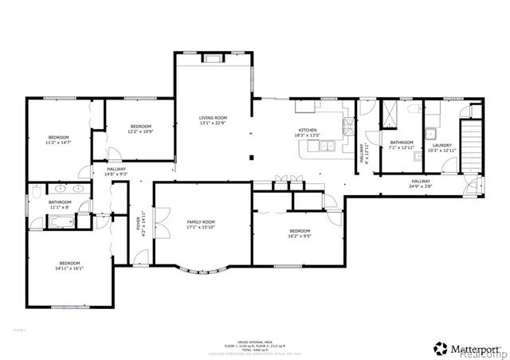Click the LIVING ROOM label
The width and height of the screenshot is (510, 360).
click(x=213, y=120)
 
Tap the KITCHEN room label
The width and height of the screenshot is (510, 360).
click(x=308, y=132)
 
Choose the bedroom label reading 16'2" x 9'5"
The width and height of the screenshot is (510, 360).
click(x=300, y=233)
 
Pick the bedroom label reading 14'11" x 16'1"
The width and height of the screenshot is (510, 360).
click(x=70, y=266)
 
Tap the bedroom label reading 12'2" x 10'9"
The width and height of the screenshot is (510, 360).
click(x=141, y=129)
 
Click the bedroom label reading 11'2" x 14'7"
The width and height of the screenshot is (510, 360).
click(x=58, y=139)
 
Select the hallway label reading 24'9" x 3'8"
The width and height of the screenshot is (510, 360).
click(x=421, y=184)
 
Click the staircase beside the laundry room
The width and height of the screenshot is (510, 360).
click(x=473, y=143)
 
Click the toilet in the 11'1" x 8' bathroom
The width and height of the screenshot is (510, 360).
click(x=37, y=191)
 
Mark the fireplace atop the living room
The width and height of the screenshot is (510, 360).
click(x=213, y=57)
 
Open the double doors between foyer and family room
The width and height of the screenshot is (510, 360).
click(x=162, y=218)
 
